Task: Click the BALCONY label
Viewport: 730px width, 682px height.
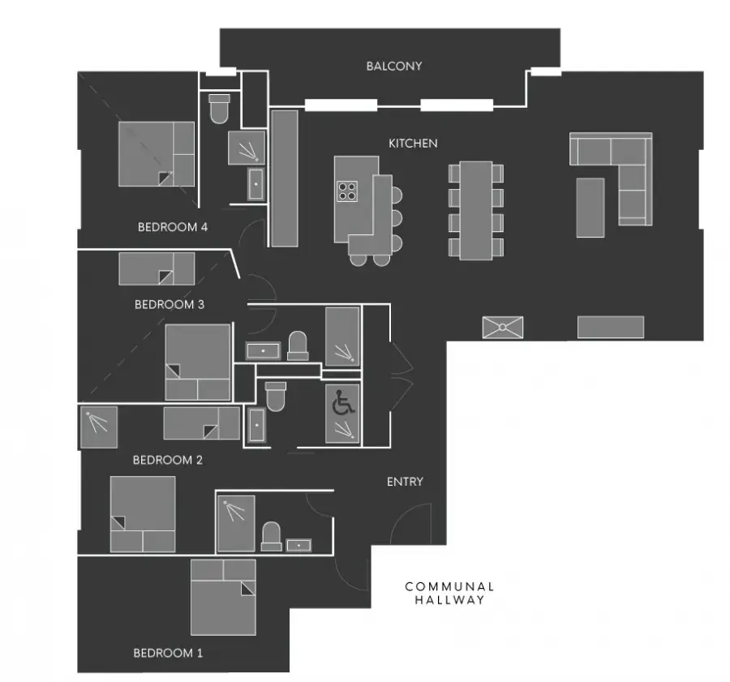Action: [394, 66]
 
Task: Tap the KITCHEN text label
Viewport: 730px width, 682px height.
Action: [413, 144]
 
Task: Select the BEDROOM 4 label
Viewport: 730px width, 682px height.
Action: [172, 227]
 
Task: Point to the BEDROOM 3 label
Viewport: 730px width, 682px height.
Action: [169, 304]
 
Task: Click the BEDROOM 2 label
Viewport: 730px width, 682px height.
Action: [168, 460]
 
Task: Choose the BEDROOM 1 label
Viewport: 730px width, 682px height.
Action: [168, 653]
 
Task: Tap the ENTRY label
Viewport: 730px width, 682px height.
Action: [405, 482]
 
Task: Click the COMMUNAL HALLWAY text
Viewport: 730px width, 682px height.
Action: [449, 593]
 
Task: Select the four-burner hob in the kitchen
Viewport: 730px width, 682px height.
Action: [347, 191]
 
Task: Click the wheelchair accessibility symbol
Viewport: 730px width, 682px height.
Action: [343, 402]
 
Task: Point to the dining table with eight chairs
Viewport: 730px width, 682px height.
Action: [476, 210]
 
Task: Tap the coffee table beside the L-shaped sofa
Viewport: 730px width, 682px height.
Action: [590, 208]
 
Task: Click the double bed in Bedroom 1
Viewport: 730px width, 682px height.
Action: [224, 598]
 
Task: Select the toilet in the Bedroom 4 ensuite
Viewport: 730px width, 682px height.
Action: [219, 109]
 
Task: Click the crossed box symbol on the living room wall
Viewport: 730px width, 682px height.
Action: [503, 328]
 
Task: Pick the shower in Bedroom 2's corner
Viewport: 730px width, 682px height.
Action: [99, 427]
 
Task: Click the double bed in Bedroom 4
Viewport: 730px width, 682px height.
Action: [157, 154]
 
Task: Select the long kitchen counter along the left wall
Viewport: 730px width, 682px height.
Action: [285, 178]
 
